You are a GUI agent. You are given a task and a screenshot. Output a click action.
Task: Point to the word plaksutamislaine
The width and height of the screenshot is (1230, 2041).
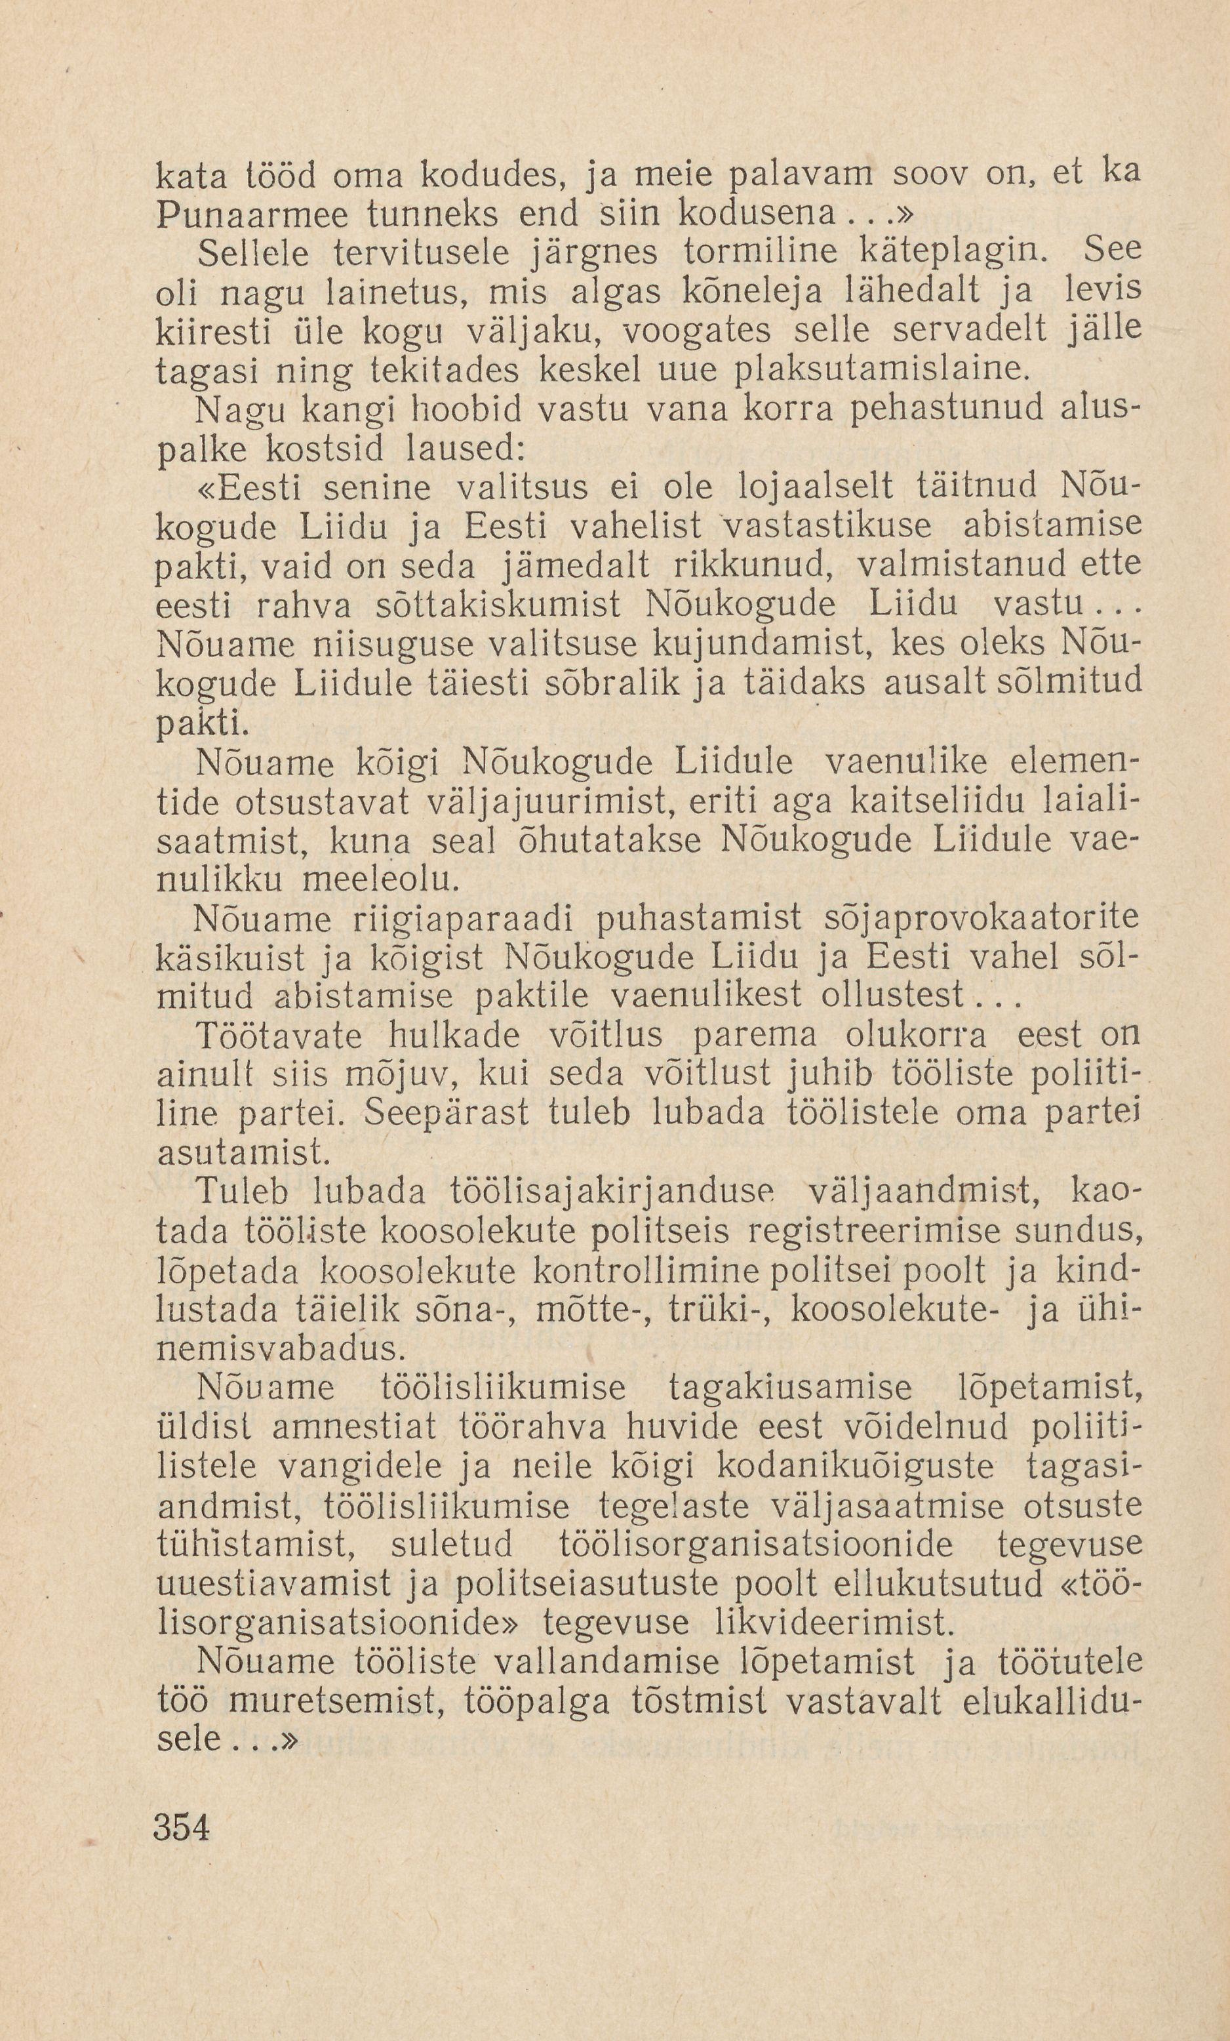[882, 368]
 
